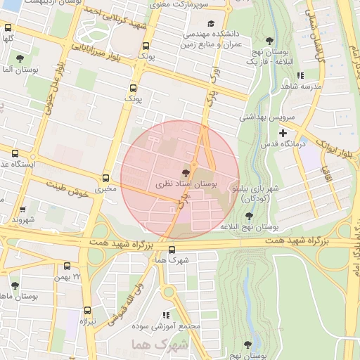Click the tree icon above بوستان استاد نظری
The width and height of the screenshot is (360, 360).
[x=186, y=172]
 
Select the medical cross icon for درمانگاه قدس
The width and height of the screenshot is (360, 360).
[x=283, y=133]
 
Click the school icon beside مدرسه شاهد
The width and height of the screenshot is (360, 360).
[x=300, y=75]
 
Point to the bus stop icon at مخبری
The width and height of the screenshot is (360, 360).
[x=106, y=178]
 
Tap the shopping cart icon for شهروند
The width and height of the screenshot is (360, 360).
[x=23, y=209]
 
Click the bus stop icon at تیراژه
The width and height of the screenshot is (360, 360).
[x=88, y=310]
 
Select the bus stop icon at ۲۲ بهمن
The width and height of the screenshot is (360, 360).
[x=67, y=266]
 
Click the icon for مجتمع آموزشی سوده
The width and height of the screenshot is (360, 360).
[x=166, y=316]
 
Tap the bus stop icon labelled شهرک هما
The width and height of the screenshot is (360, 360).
[x=172, y=249]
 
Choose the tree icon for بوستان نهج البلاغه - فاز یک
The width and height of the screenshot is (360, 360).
[x=269, y=41]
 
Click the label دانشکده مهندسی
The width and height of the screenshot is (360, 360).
[x=213, y=34]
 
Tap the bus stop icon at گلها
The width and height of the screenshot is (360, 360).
[x=8, y=29]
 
